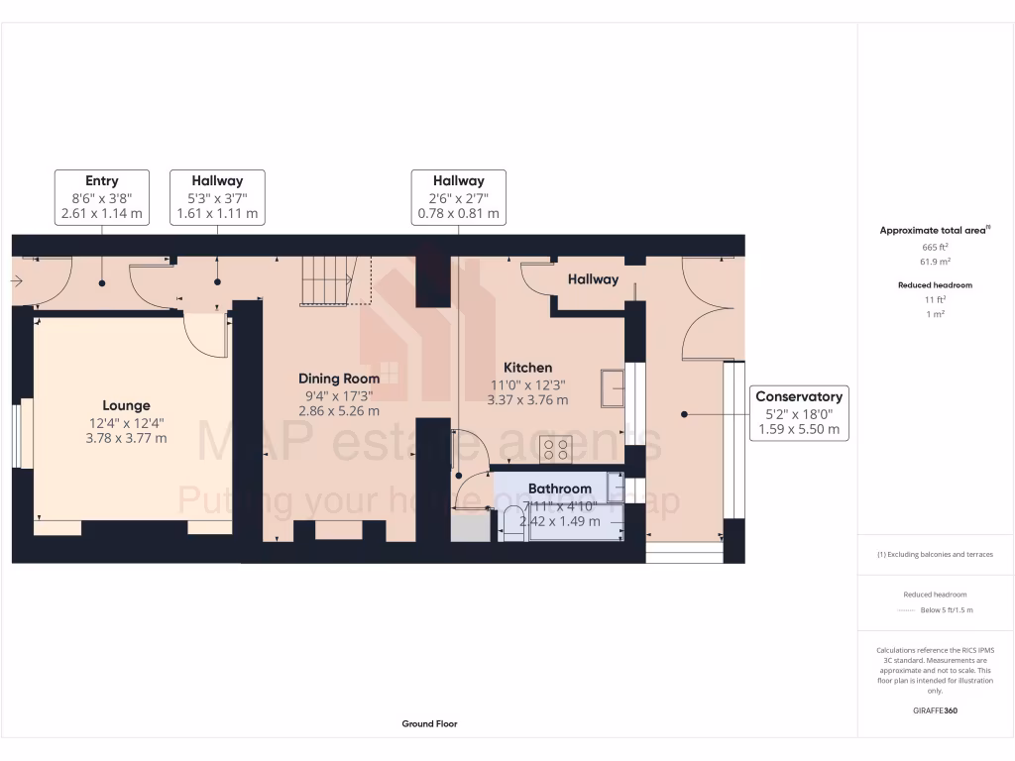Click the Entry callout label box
click(102, 197)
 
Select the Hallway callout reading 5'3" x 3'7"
click(217, 197)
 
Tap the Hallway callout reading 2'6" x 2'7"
click(458, 197)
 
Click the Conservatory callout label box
click(799, 413)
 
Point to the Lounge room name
click(127, 405)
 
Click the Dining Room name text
click(339, 379)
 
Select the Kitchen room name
click(527, 368)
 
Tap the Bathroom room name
click(559, 489)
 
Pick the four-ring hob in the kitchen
click(556, 450)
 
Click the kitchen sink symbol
click(612, 388)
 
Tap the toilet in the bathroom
click(511, 526)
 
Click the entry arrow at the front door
click(17, 282)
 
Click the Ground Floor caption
click(429, 724)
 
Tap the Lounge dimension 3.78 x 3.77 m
click(127, 438)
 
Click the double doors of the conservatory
click(709, 307)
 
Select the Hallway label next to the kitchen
click(593, 279)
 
